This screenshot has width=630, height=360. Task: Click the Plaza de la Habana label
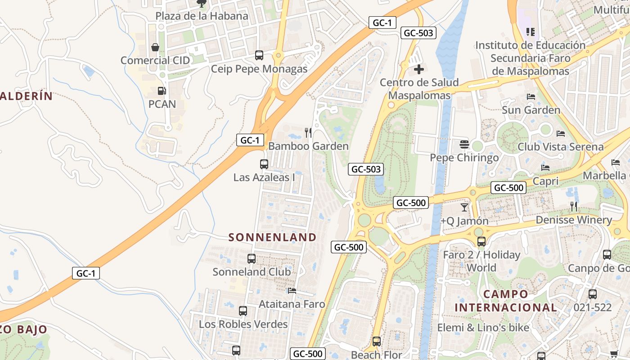[x=202, y=16]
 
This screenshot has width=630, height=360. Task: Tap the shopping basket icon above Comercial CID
[x=155, y=47]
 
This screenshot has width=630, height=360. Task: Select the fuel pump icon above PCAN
[x=162, y=91]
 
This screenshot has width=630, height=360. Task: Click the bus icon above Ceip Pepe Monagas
[x=259, y=55]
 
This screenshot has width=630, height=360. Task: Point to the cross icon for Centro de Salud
[x=419, y=69]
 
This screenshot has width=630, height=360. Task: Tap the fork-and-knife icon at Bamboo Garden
[x=308, y=132]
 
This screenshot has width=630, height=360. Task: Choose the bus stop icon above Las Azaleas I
[x=264, y=164]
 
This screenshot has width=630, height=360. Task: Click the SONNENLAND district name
[x=272, y=237]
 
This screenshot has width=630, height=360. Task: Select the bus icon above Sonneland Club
[x=252, y=259]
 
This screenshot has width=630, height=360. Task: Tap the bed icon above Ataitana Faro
[x=292, y=291]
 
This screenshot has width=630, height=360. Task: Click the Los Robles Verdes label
[x=243, y=324]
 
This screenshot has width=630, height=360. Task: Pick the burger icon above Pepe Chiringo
[x=464, y=144]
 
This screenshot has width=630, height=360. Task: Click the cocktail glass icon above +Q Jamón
[x=464, y=207]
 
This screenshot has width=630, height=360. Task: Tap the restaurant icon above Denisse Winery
[x=574, y=207]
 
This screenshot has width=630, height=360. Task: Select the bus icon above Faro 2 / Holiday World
[x=481, y=242]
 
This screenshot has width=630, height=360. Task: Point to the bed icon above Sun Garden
[x=531, y=97]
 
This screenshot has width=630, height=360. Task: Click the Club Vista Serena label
[x=560, y=147]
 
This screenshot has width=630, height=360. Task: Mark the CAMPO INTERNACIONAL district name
[x=506, y=301]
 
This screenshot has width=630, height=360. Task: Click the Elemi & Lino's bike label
[x=483, y=328]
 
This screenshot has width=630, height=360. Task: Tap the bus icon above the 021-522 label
[x=593, y=294]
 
